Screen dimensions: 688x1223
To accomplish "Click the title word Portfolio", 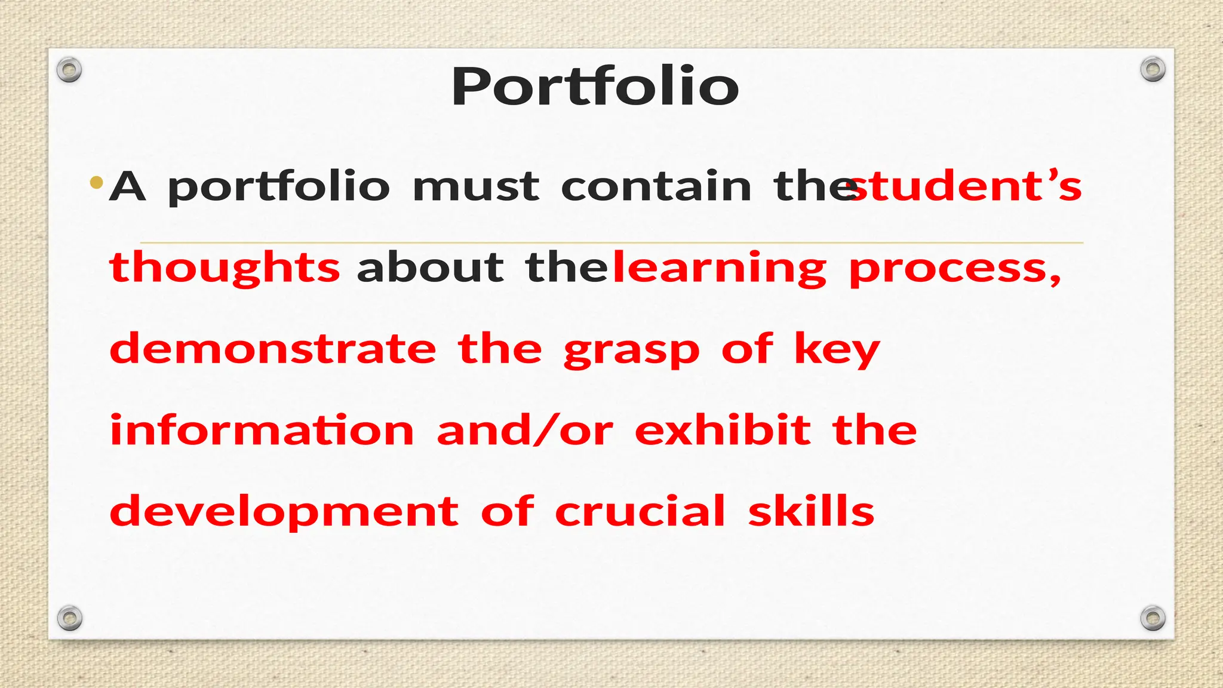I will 595,87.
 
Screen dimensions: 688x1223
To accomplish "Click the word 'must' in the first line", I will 476,187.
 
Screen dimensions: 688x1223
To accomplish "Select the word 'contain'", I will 656,187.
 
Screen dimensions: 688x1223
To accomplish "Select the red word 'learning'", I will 720,269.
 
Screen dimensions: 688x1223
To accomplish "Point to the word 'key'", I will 837,350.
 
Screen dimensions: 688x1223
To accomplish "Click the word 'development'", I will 284,512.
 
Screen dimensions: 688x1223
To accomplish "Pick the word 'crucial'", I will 640,512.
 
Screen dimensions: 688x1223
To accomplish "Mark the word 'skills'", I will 811,512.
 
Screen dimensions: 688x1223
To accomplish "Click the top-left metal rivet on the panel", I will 69,70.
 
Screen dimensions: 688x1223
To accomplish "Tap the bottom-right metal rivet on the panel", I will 1153,618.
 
